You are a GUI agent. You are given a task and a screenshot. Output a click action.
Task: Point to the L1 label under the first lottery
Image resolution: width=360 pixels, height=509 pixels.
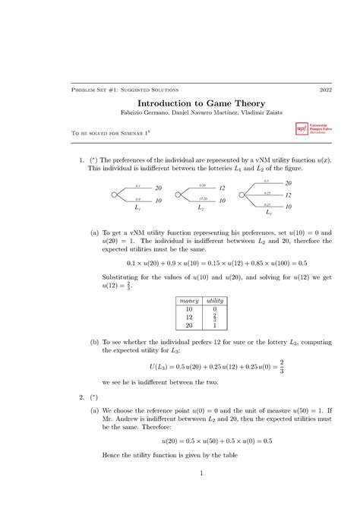click(x=137, y=206)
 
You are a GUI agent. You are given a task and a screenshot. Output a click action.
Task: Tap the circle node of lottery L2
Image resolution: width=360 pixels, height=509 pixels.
click(x=178, y=195)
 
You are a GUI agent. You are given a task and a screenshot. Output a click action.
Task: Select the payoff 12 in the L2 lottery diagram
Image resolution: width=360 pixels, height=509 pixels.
click(x=222, y=188)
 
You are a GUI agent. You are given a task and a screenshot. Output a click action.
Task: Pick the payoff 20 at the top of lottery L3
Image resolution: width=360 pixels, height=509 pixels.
click(x=289, y=182)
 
